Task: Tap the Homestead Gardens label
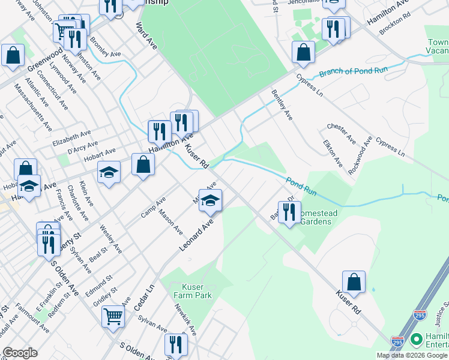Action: tap(315, 217)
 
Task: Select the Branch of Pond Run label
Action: tap(354, 71)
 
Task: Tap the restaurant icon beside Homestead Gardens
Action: tap(289, 213)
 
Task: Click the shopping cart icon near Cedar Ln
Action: tap(113, 316)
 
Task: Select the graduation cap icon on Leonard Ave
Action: tap(211, 201)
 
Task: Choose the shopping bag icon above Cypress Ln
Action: tap(303, 52)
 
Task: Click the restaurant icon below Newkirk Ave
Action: tap(176, 345)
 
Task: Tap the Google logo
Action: tap(20, 353)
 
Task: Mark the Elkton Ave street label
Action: tap(333, 154)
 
